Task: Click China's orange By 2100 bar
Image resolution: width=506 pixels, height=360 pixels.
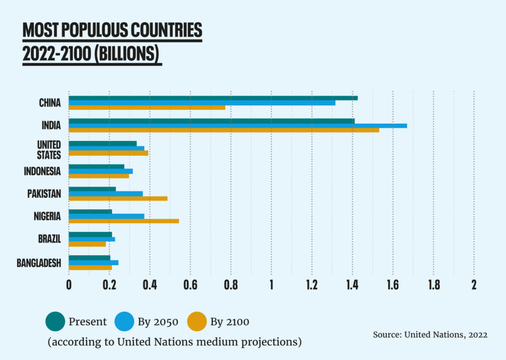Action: point(147,107)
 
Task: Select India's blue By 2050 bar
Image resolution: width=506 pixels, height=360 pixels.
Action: point(238,126)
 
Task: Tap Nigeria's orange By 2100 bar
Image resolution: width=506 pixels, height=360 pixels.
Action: point(124,221)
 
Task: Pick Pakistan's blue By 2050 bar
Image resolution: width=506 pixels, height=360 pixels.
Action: point(105,194)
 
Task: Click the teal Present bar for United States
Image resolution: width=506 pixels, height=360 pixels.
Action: point(102,143)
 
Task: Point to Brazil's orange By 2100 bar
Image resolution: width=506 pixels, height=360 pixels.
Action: point(87,244)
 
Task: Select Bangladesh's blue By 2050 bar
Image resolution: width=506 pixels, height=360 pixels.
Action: point(93,263)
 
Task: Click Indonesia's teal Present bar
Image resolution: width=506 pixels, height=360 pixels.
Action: point(96,167)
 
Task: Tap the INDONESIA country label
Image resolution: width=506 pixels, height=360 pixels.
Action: point(42,172)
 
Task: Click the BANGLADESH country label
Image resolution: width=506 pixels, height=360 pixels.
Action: point(39,263)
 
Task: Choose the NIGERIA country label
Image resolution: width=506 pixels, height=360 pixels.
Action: point(44,216)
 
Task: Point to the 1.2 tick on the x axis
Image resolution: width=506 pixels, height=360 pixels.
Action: point(312,285)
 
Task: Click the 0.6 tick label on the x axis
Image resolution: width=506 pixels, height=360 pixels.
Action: point(190,285)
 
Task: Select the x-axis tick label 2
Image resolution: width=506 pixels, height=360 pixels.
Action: point(474,285)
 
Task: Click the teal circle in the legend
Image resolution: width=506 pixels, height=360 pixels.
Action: point(55,321)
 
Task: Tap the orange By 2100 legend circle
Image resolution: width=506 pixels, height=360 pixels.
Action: point(197,321)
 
